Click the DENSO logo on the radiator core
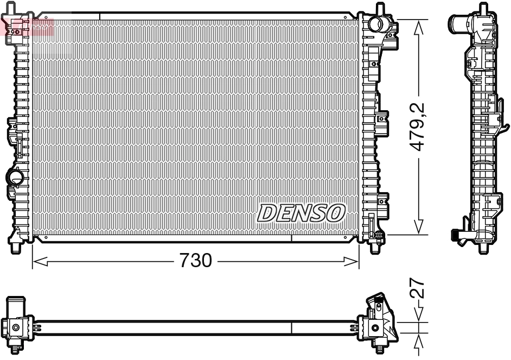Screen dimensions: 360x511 301,213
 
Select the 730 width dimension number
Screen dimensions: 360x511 195,261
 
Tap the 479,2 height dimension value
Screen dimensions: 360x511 417,127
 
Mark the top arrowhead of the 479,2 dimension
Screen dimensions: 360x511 418,26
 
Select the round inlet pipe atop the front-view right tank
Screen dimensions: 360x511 377,25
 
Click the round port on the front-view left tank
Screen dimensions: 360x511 14,176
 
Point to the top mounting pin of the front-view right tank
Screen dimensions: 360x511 378,8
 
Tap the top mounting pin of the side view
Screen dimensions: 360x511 482,8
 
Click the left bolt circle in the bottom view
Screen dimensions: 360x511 16,327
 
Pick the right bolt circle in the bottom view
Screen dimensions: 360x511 375,327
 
